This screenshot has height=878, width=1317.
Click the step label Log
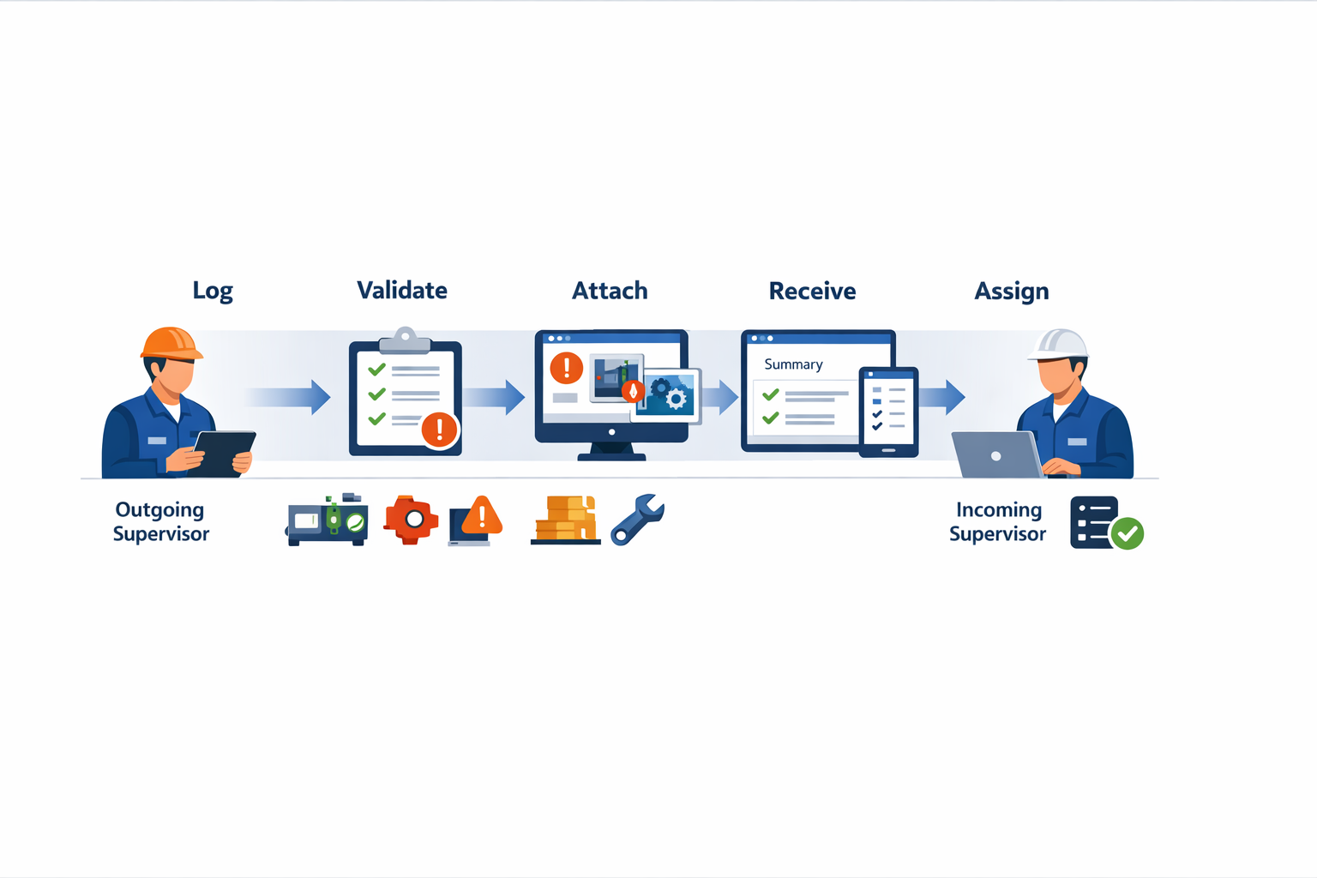(213, 292)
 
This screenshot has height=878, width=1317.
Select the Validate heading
(401, 291)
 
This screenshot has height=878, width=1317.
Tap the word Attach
(610, 292)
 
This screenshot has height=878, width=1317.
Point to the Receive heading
(812, 292)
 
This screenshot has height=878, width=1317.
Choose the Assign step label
(1011, 292)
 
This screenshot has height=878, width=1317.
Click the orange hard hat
(171, 343)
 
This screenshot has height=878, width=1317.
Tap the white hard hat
(1059, 345)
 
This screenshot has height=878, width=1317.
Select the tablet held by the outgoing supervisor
(223, 453)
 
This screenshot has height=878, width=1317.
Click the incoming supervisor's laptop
(995, 455)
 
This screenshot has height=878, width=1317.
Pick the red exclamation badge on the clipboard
(440, 429)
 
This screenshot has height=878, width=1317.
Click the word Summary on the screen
(793, 364)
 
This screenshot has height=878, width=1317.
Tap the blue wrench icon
(637, 519)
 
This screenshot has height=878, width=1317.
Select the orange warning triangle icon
(481, 516)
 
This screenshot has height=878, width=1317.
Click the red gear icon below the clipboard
(412, 520)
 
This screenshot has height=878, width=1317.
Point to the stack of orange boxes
(565, 520)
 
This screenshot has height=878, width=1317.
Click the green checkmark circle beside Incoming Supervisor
(1128, 533)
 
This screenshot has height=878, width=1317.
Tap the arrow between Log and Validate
(290, 397)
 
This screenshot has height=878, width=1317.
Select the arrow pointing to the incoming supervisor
(943, 397)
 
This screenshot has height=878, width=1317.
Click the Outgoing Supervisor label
(161, 521)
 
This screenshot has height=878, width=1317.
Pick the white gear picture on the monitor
(673, 396)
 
